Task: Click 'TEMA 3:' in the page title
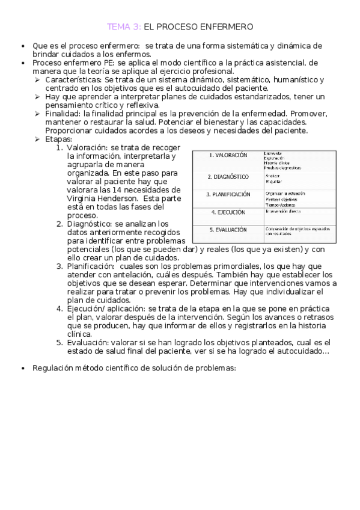point(124,26)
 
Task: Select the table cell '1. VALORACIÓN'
point(228,155)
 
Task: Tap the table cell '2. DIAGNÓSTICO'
point(228,177)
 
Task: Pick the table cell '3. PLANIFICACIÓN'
point(228,195)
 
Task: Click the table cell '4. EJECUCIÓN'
point(228,212)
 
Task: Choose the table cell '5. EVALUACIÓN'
point(228,230)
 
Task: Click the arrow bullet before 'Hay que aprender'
point(37,97)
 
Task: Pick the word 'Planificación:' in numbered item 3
point(91,266)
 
